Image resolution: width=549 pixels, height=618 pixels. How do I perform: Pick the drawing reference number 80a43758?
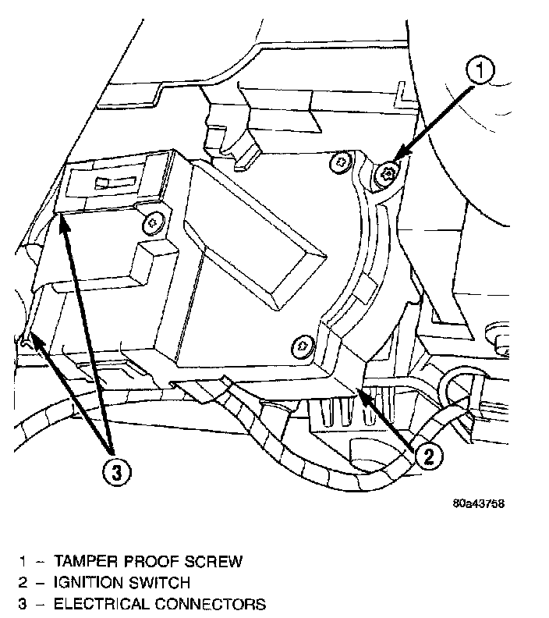pos(478,503)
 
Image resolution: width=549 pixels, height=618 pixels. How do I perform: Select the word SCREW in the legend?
pos(221,561)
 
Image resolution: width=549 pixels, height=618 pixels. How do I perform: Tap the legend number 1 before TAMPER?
pos(23,561)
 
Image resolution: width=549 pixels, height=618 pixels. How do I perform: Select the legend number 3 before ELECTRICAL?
pos(23,604)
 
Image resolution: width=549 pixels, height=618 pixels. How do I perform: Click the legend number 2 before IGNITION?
pos(23,582)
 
